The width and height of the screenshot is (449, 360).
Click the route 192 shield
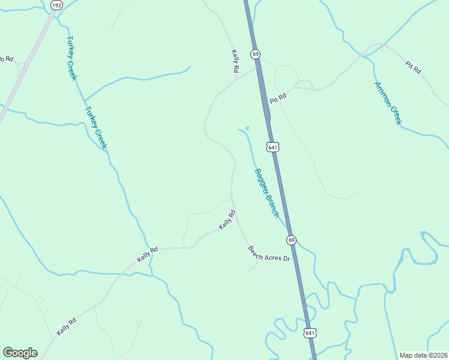56,5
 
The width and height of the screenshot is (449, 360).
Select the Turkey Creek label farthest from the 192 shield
96,127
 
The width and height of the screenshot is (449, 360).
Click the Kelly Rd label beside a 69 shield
235,62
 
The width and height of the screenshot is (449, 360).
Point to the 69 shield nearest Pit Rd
256,54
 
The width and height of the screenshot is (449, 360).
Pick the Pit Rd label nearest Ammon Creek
413,67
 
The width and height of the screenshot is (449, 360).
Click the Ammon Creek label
387,103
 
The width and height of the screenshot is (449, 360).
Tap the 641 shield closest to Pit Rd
272,147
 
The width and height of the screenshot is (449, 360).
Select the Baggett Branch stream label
267,193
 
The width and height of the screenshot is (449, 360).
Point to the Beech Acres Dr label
269,253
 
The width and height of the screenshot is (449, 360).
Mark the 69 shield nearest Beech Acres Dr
291,239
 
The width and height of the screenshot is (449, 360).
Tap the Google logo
20,353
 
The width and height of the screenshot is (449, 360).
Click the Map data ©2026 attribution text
423,355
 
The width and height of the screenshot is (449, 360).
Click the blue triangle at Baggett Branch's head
246,128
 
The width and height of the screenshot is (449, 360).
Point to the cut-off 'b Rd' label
5,59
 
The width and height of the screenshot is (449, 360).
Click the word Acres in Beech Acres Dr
270,254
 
